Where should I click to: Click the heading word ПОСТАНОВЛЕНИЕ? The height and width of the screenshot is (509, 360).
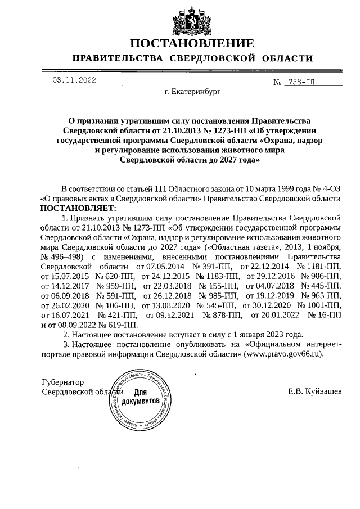tap(192, 43)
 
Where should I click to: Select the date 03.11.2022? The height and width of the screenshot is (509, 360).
tap(74, 80)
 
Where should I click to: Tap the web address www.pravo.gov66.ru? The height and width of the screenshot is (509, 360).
tap(284, 354)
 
